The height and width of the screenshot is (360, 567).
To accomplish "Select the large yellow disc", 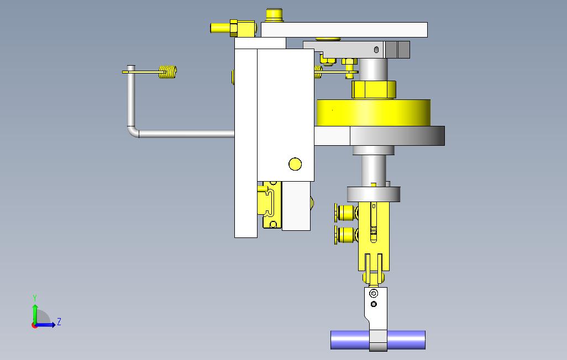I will [x=374, y=113].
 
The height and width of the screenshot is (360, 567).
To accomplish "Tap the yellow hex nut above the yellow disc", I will [x=374, y=89].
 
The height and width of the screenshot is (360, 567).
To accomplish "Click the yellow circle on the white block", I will [x=295, y=164].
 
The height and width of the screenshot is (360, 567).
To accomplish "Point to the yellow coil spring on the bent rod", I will [x=168, y=72].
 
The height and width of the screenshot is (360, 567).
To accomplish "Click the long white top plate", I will [x=344, y=29].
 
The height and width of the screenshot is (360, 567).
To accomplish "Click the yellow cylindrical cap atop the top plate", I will [x=274, y=14].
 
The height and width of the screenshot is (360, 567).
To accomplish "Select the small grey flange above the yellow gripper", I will [x=374, y=194].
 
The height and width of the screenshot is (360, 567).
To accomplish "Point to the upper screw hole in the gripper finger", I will [x=374, y=293].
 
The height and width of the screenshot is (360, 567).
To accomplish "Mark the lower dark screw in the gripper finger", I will [x=374, y=304].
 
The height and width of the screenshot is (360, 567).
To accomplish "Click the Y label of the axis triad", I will [x=35, y=298].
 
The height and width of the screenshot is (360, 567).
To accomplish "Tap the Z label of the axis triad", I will [x=59, y=322].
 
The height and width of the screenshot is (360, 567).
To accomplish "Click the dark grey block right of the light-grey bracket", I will [x=398, y=50].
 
